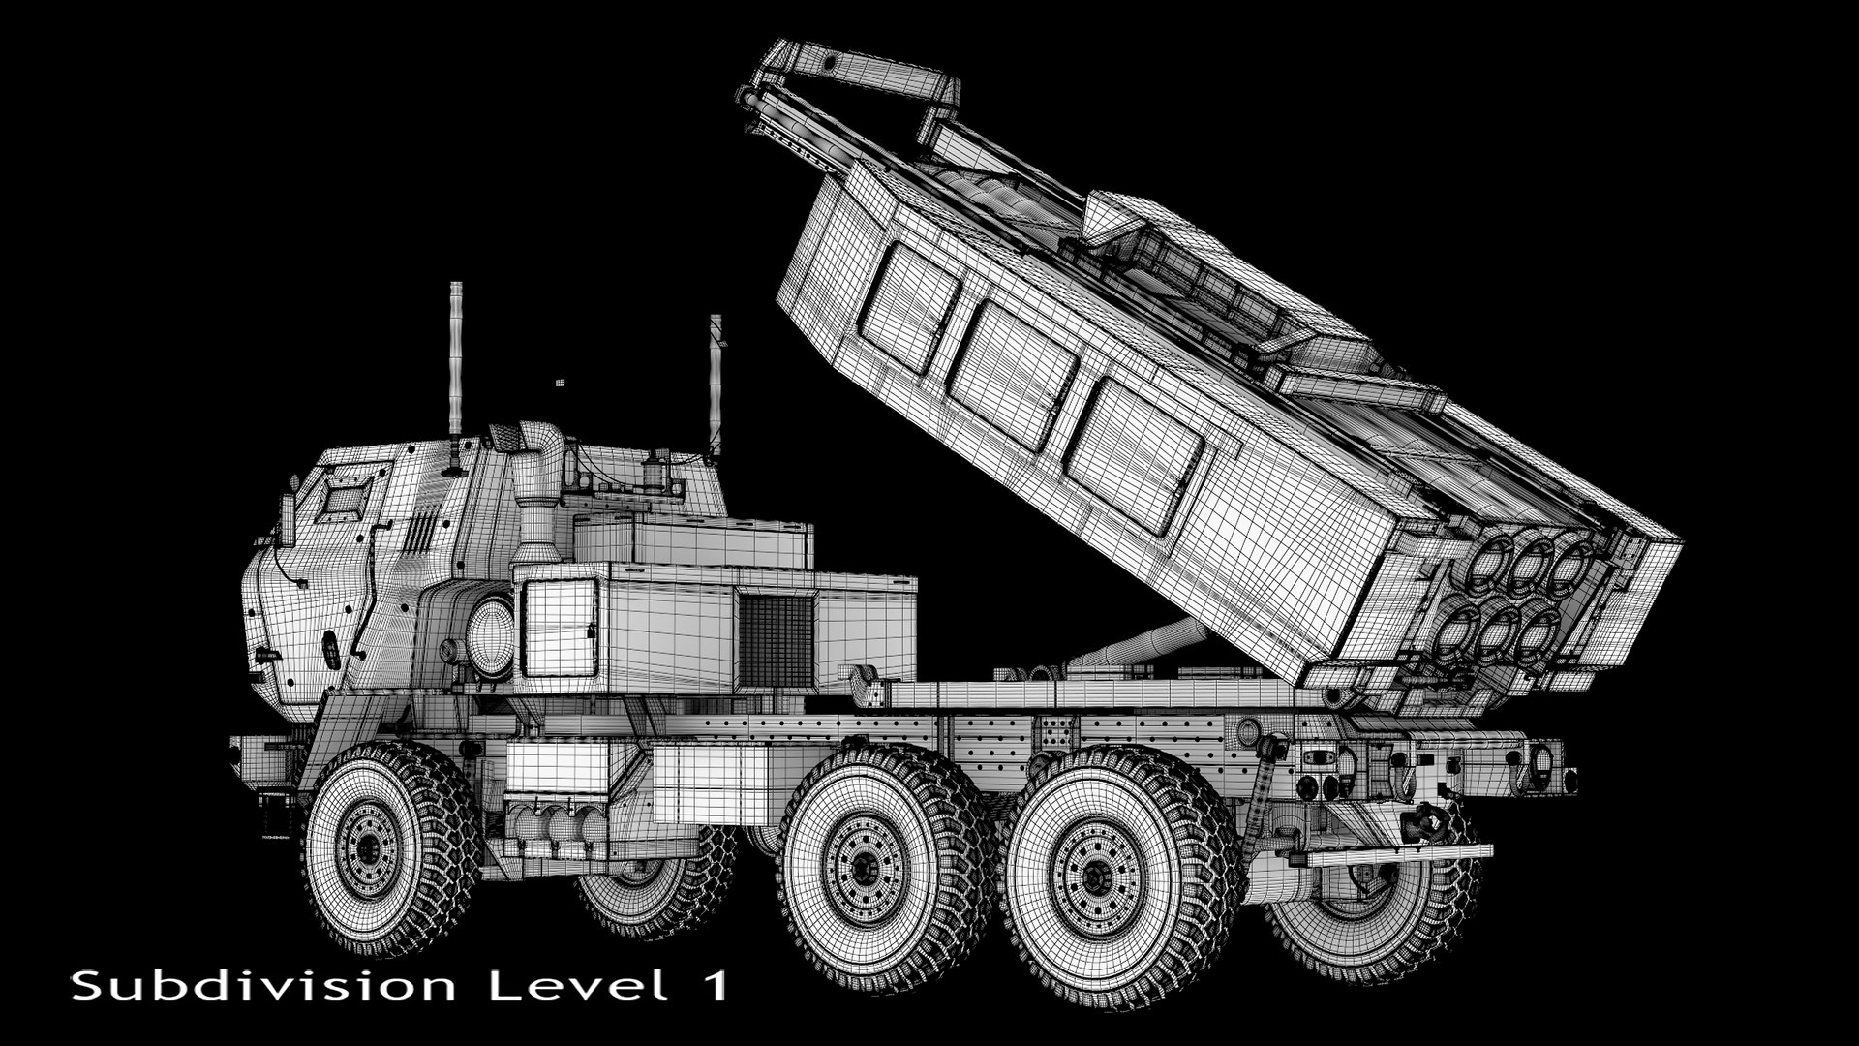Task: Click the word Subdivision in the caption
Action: pyautogui.click(x=262, y=986)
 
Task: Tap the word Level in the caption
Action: pyautogui.click(x=577, y=986)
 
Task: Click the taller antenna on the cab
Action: pyautogui.click(x=455, y=358)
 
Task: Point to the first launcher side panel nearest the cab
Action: pyautogui.click(x=909, y=306)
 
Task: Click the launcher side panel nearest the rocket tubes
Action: pyautogui.click(x=1135, y=455)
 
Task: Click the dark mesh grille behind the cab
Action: pyautogui.click(x=776, y=640)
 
